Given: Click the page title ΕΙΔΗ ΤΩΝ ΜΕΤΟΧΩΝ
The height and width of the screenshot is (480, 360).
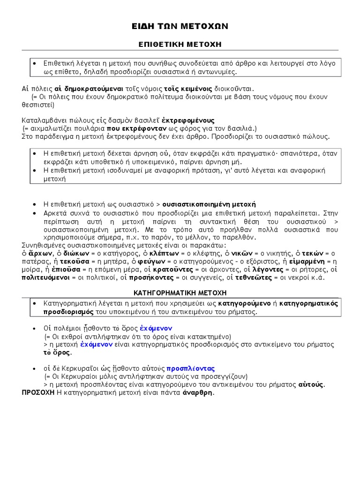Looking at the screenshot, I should click(180, 26).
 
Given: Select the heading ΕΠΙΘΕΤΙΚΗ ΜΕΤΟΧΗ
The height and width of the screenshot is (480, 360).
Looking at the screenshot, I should click(180, 44).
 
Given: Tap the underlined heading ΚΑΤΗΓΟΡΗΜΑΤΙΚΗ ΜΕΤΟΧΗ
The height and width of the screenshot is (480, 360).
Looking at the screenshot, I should click(180, 292).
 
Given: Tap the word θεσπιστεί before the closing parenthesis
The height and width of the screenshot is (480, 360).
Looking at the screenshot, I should click(37, 105).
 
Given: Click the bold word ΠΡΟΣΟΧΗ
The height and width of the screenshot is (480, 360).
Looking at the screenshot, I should click(38, 393).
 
